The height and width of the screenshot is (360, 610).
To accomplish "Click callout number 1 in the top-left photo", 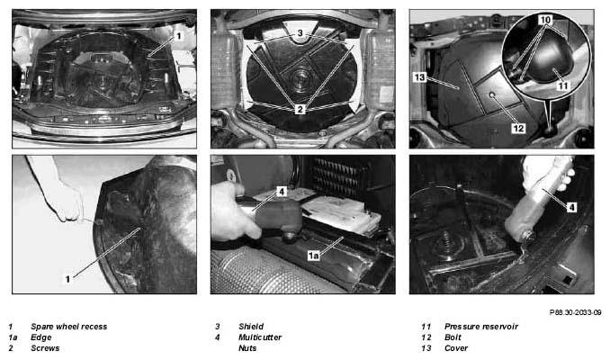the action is (178, 36).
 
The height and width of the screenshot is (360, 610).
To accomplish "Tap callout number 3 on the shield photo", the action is (300, 33).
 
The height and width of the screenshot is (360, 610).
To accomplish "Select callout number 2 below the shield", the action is (300, 110).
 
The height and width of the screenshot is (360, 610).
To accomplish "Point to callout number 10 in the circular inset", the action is (545, 20).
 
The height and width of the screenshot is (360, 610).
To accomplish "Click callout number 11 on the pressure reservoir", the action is (563, 85).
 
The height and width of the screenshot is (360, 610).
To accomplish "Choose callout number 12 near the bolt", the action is (518, 128).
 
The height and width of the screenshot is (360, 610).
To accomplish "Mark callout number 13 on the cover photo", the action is (419, 77).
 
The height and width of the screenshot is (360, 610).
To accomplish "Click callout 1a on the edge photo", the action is (314, 256).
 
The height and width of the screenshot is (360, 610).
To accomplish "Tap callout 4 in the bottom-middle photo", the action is (282, 191).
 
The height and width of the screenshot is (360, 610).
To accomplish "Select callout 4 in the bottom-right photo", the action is (571, 207).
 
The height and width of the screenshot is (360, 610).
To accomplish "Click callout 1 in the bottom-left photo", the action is (67, 279).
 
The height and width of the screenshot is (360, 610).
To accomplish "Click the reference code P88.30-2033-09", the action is (576, 312).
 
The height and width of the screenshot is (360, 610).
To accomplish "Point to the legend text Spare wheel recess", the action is (69, 327).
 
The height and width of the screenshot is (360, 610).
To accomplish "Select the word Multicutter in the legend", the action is (260, 337).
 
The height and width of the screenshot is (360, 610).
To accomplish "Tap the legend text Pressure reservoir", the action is (481, 327).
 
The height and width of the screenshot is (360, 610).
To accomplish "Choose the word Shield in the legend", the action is (251, 327).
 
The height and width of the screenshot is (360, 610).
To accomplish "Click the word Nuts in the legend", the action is (247, 348).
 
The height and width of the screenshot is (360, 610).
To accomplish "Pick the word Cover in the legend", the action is (456, 348).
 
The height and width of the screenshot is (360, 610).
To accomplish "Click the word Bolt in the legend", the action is (453, 337).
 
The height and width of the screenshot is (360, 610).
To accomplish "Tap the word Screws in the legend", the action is (45, 348).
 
